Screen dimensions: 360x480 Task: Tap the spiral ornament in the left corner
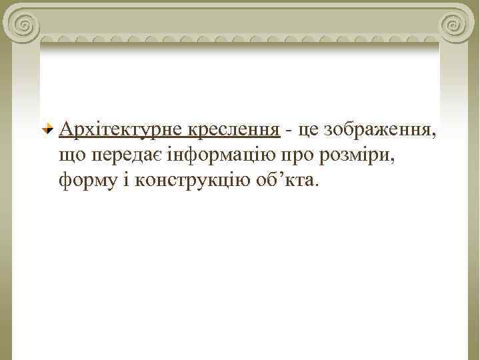point(23,25)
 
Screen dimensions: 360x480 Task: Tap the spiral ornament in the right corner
point(455,25)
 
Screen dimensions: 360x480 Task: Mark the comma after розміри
point(398,161)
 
